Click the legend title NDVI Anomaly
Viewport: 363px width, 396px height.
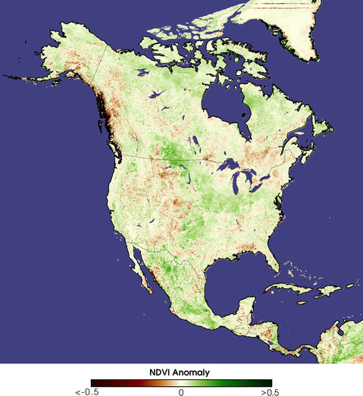point(180,372)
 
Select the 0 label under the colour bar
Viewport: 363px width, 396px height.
point(181,392)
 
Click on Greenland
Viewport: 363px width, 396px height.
point(303,30)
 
